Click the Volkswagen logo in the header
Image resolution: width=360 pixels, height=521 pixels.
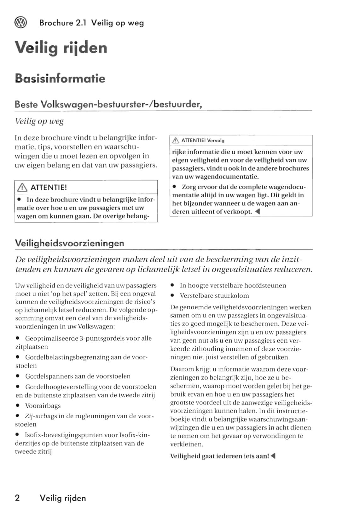(21, 22)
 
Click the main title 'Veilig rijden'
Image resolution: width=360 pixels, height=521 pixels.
(61, 48)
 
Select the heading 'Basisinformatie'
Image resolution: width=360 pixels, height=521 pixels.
(60, 78)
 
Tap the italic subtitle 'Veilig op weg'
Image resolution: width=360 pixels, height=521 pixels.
(39, 121)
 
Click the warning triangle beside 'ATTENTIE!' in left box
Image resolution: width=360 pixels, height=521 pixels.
(22, 188)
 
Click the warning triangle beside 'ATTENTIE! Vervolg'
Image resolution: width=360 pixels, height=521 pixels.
(176, 140)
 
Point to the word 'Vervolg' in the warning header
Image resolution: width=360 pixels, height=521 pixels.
(216, 140)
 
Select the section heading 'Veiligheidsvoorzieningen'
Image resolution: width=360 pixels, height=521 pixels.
(69, 243)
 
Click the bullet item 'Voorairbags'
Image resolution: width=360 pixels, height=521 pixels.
(43, 406)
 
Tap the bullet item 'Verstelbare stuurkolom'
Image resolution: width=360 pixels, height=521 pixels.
(214, 296)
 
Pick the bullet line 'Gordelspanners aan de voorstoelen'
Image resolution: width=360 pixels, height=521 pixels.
(78, 376)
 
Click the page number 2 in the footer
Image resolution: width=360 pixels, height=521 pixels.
(17, 498)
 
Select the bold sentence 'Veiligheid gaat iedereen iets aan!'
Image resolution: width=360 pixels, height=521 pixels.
(219, 456)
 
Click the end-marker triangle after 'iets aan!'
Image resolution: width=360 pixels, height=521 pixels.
(273, 456)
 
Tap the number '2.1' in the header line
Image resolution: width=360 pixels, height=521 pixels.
(81, 23)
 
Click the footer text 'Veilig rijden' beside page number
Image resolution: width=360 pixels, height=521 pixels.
(63, 498)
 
